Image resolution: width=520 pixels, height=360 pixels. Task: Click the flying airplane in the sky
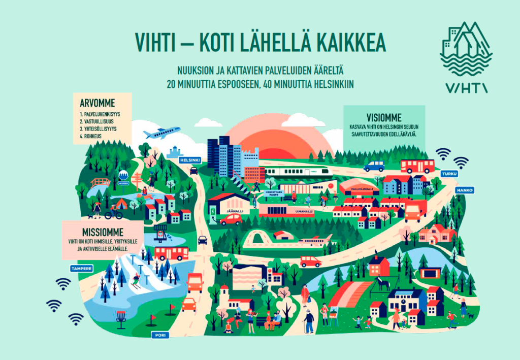(x=162, y=133)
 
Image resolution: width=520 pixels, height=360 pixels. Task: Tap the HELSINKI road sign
(x=190, y=160)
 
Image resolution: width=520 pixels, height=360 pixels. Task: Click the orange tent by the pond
(x=121, y=204)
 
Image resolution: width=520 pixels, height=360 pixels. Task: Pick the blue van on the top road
(x=374, y=166)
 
